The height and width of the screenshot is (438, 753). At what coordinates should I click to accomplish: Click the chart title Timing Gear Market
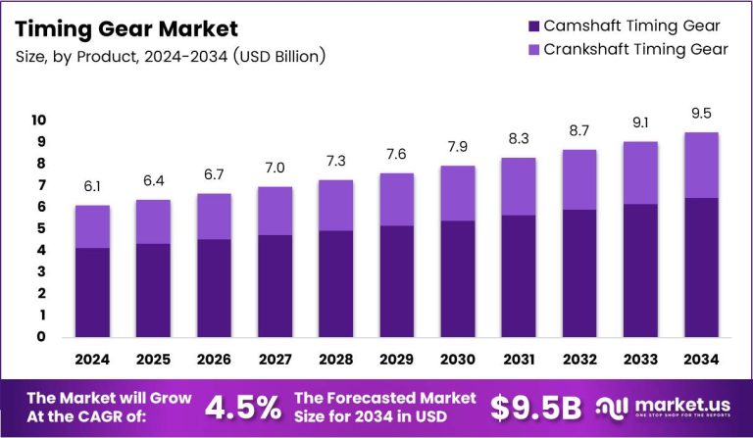(125, 28)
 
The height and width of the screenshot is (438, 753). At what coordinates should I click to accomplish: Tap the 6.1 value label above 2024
(92, 186)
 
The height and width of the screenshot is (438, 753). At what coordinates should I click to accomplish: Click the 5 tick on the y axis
(41, 228)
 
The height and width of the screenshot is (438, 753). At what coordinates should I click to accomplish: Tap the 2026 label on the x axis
(213, 360)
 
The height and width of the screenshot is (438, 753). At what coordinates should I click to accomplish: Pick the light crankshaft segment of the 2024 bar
(92, 226)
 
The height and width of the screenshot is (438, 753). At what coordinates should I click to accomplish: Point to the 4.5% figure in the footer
(241, 407)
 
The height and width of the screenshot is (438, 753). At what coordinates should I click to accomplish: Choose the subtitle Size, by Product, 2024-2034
(171, 57)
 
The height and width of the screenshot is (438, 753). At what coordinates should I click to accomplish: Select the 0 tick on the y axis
(41, 337)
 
